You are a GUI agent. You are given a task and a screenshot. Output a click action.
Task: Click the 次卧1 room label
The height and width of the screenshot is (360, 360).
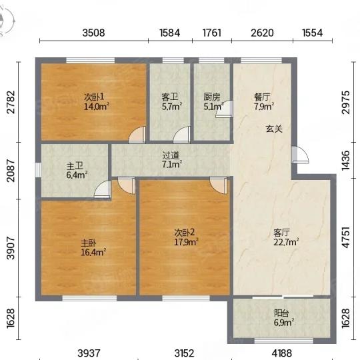(94, 97)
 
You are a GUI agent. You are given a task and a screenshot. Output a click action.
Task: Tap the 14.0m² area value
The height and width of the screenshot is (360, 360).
(96, 107)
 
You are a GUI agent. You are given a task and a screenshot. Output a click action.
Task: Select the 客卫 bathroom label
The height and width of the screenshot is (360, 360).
(170, 97)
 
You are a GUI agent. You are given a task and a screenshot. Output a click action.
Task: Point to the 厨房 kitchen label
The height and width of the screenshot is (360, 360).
(212, 97)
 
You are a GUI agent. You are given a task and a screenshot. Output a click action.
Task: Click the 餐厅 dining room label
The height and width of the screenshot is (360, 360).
(262, 97)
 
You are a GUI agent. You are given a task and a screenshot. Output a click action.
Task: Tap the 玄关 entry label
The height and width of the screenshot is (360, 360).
(274, 129)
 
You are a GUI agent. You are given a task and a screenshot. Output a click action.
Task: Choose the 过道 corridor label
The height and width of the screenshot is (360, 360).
(171, 155)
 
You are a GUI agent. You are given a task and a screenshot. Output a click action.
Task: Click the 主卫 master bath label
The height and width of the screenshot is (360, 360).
(75, 166)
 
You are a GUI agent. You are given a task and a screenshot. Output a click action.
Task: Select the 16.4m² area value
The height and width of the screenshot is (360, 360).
(93, 252)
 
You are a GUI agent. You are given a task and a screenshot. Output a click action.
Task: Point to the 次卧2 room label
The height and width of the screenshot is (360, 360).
(185, 233)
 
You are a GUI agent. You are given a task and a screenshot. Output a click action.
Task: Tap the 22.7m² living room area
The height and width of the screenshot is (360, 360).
(286, 242)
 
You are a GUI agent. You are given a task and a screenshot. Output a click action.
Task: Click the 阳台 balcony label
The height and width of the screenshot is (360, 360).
(281, 313)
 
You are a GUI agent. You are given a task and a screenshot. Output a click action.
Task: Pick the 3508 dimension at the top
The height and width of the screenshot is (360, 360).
(94, 33)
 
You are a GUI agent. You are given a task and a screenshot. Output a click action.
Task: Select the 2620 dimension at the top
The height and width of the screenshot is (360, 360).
(262, 33)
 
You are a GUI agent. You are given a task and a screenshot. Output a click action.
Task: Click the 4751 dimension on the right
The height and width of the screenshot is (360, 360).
(346, 237)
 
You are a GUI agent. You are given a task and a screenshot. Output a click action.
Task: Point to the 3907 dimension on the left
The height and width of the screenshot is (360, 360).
(11, 248)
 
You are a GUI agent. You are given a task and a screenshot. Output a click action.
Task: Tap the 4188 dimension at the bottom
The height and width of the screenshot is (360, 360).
(281, 353)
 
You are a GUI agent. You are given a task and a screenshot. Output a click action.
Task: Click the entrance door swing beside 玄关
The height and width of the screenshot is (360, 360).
(300, 155)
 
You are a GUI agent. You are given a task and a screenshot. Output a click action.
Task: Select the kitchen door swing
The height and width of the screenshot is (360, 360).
(224, 109)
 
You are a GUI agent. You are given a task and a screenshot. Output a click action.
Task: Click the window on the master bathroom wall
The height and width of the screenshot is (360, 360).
(38, 170)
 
